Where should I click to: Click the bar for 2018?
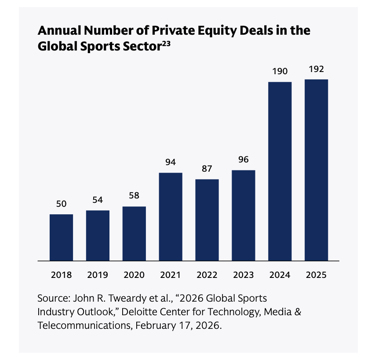click(x=61, y=238)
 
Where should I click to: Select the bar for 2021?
click(x=171, y=217)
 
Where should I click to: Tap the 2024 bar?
click(x=280, y=171)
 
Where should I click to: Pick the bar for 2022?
click(x=207, y=220)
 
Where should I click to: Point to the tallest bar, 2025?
click(x=316, y=170)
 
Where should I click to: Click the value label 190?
click(x=280, y=71)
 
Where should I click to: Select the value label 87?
click(x=207, y=169)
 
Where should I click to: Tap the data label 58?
click(x=134, y=195)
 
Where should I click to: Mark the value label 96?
click(x=244, y=159)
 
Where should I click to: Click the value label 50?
click(x=61, y=204)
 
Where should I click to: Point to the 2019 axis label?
click(x=98, y=275)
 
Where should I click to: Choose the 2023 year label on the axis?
click(x=244, y=275)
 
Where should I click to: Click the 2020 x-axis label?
click(x=134, y=275)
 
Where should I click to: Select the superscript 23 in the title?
click(x=166, y=44)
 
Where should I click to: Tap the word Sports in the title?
click(x=100, y=47)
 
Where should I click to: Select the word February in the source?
click(x=156, y=326)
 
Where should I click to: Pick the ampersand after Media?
click(x=298, y=312)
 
